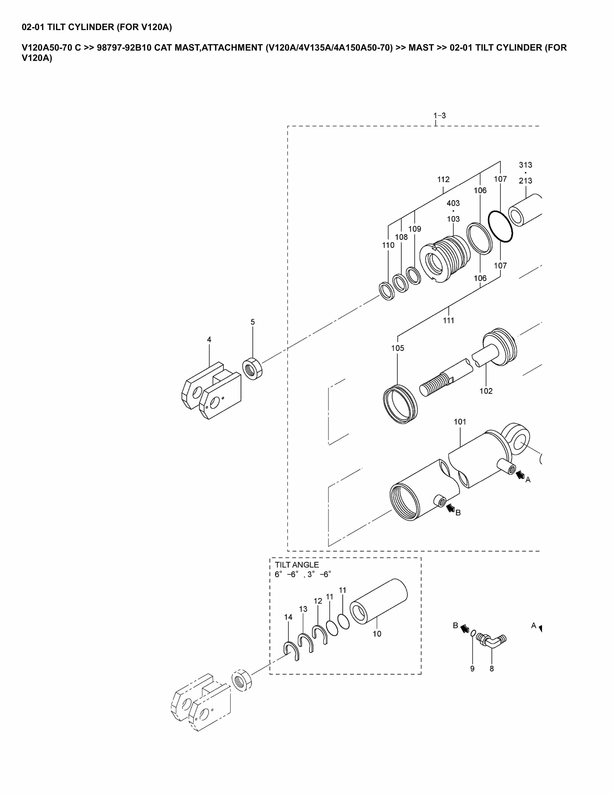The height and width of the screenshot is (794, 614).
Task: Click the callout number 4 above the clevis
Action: [209, 340]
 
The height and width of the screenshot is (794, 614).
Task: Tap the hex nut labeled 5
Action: [252, 369]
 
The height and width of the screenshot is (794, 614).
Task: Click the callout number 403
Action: [453, 203]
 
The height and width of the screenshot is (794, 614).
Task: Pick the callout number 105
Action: [398, 348]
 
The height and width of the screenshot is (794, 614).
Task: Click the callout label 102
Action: [486, 391]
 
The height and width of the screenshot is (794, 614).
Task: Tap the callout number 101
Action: [460, 422]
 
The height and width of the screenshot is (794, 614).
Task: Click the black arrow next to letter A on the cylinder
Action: [520, 475]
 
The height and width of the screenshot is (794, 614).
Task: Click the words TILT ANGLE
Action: [296, 565]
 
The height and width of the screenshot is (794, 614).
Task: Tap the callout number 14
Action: [288, 617]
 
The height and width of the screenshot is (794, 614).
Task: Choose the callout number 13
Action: [303, 609]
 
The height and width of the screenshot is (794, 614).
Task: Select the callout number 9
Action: [472, 669]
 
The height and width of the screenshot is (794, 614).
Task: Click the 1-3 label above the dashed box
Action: [439, 116]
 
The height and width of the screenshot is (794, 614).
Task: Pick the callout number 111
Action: [448, 320]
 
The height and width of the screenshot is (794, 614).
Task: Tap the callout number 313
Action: [525, 165]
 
